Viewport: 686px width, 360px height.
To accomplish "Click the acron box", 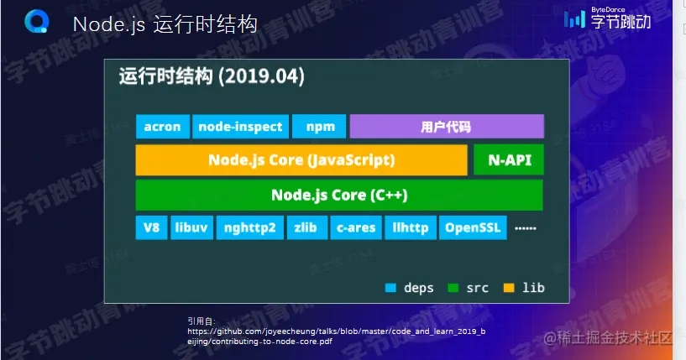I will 162,127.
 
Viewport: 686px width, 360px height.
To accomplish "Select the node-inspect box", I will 241,127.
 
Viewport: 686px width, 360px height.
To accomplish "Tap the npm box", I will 320,127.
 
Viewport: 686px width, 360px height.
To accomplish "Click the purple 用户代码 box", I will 447,127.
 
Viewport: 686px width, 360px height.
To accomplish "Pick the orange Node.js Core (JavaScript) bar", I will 301,159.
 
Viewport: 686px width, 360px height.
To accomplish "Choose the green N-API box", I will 509,159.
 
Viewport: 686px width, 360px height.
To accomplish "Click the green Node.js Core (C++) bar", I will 339,195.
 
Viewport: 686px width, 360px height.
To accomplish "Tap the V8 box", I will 151,227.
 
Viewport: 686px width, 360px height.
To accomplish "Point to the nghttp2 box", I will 250,227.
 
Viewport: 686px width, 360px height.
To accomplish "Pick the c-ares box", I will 356,227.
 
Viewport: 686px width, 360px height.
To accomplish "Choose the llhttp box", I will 411,227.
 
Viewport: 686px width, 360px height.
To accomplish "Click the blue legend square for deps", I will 390,288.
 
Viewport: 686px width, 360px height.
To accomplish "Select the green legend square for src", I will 453,288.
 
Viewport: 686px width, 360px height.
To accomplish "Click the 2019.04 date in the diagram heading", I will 264,76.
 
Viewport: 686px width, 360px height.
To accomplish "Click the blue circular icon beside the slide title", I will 37,22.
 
